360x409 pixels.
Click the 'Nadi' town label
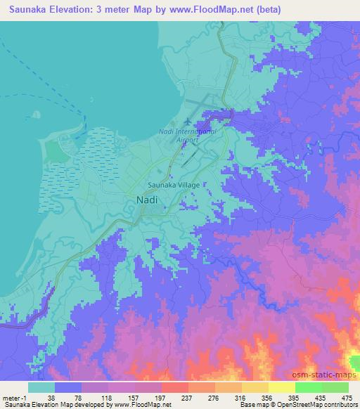click(146, 200)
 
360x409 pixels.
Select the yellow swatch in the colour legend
click(281, 387)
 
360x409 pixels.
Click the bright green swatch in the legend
click(308, 387)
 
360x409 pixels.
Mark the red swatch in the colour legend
click(174, 387)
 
